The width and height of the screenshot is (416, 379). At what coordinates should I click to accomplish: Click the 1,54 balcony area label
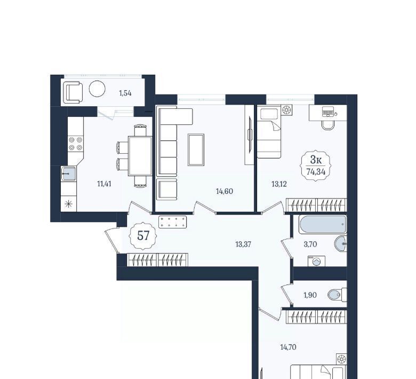(125, 93)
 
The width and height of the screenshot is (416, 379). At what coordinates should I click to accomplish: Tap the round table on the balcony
(97, 89)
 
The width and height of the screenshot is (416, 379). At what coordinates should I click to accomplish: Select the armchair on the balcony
(73, 92)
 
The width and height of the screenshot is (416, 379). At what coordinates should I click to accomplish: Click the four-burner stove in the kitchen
(76, 144)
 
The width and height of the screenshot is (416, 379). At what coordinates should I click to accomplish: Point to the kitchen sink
(69, 173)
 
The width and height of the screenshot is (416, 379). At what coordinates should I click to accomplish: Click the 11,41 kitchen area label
(104, 184)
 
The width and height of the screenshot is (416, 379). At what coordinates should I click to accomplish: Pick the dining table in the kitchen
(140, 156)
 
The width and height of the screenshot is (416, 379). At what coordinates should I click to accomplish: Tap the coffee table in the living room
(196, 150)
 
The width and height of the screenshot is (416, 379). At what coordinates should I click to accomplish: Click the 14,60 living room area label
(225, 191)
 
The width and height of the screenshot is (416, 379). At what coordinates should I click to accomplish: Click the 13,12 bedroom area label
(279, 184)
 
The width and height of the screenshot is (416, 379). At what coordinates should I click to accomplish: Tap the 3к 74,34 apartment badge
(316, 165)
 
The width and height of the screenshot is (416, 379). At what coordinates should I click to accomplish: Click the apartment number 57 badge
(143, 235)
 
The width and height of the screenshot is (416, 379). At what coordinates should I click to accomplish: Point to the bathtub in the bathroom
(323, 224)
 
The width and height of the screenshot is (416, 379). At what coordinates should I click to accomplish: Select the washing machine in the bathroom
(316, 261)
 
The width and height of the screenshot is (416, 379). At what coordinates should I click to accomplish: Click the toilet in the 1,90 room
(337, 295)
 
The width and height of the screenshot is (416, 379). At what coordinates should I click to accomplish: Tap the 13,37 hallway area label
(243, 244)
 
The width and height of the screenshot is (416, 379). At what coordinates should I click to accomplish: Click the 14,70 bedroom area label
(288, 347)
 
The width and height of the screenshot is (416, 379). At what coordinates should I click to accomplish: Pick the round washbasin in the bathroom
(341, 243)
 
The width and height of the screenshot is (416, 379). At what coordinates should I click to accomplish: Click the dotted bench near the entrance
(172, 222)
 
